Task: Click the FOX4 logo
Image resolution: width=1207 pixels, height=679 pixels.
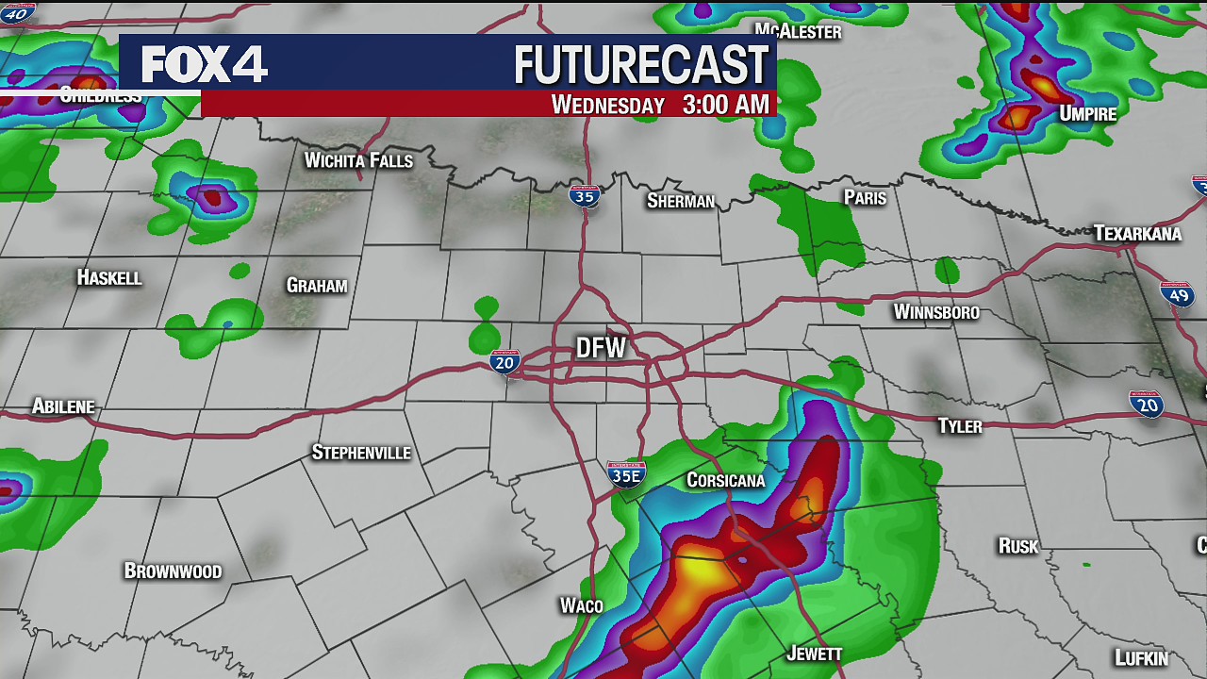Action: pyautogui.click(x=205, y=64)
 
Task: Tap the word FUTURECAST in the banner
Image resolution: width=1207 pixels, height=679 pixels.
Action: pyautogui.click(x=641, y=65)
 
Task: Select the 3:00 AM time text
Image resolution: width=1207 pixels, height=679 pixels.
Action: pyautogui.click(x=725, y=105)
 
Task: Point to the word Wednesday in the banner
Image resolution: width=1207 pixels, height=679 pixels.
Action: pyautogui.click(x=608, y=105)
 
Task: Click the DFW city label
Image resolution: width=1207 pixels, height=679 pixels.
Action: pyautogui.click(x=602, y=348)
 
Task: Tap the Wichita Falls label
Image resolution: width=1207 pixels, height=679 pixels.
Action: pyautogui.click(x=358, y=160)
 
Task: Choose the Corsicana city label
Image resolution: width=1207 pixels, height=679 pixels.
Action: pyautogui.click(x=725, y=480)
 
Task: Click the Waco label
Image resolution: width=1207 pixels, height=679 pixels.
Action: pyautogui.click(x=581, y=605)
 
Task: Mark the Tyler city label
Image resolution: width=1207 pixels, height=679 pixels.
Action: pyautogui.click(x=960, y=426)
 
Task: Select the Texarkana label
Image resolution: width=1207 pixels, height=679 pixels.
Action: pyautogui.click(x=1137, y=233)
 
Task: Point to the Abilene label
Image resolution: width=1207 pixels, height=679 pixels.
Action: pyautogui.click(x=63, y=406)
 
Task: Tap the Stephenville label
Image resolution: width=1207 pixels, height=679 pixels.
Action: pyautogui.click(x=361, y=453)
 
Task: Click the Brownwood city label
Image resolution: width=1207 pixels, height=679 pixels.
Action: pyautogui.click(x=173, y=571)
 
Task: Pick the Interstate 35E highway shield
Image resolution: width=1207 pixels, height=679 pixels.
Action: pyautogui.click(x=626, y=474)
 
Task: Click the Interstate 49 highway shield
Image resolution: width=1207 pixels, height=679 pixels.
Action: pyautogui.click(x=1177, y=294)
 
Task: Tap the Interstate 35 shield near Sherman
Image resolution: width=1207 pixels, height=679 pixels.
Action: pyautogui.click(x=585, y=196)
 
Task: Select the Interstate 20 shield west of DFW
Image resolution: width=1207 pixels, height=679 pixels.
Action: pyautogui.click(x=504, y=361)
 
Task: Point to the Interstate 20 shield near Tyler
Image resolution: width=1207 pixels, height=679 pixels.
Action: pyautogui.click(x=1147, y=404)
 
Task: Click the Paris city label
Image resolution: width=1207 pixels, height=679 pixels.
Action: pyautogui.click(x=865, y=197)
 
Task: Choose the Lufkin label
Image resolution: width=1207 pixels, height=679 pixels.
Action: pyautogui.click(x=1141, y=657)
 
